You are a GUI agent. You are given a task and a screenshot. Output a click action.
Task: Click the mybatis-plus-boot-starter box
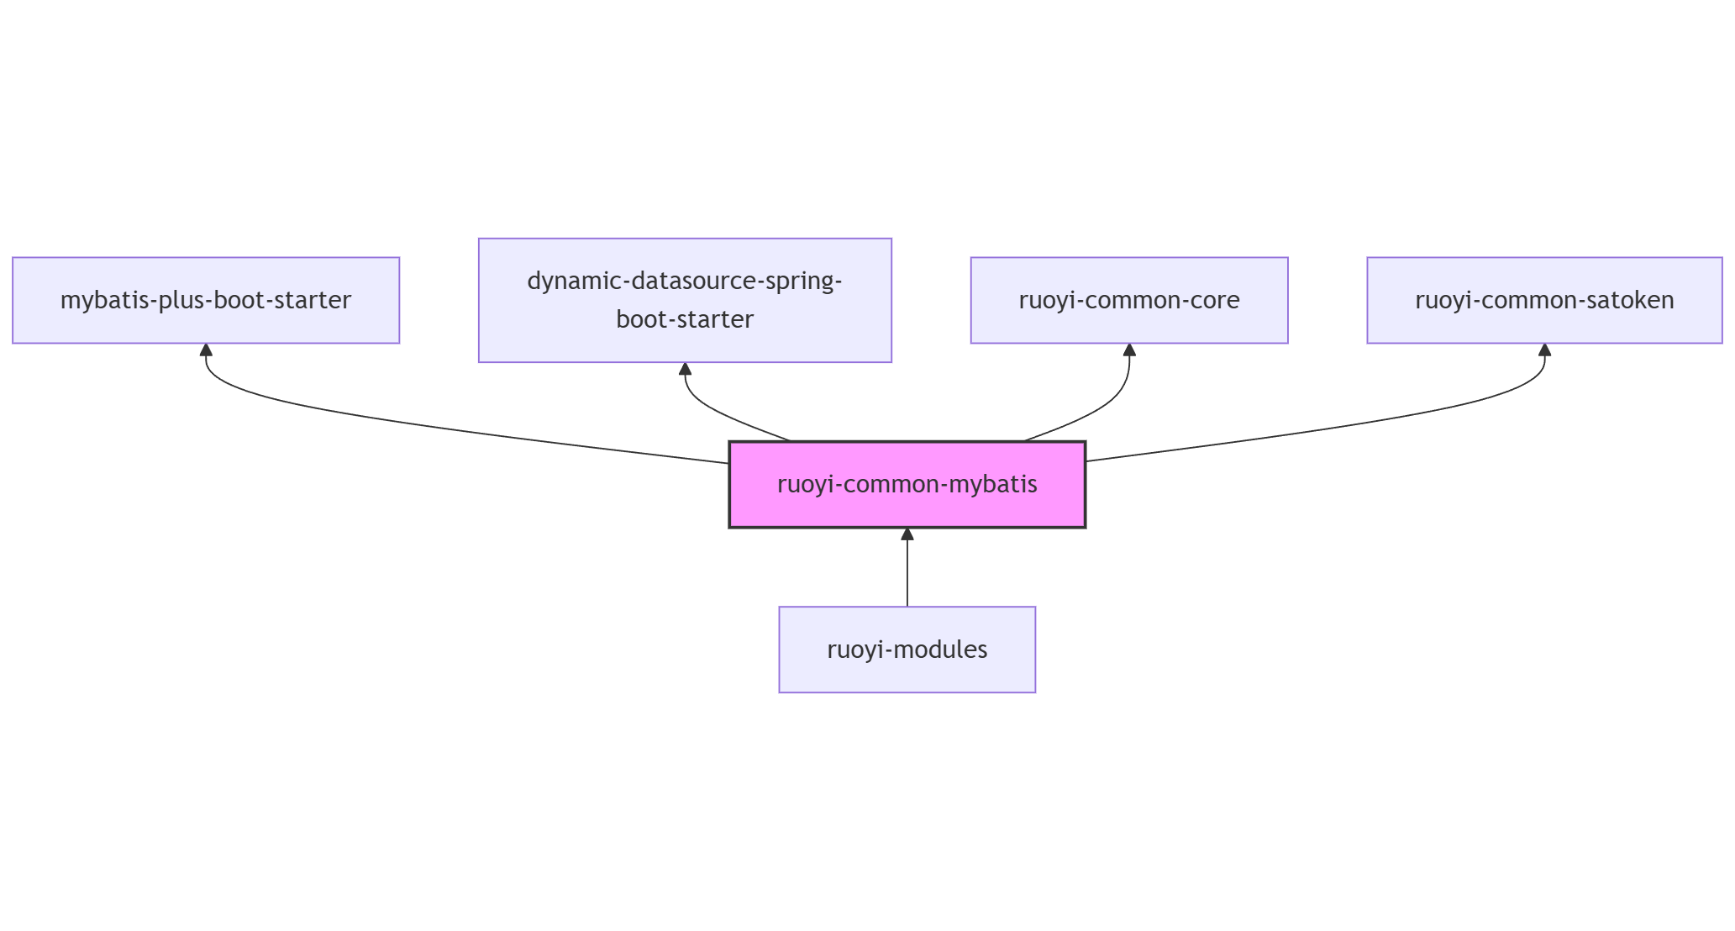[x=206, y=300]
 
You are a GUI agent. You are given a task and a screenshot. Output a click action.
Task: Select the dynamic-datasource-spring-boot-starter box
[x=685, y=300]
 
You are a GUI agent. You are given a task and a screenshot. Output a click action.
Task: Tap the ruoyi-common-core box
[x=1128, y=300]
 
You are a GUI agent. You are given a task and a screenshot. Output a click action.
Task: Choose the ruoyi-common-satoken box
[x=1544, y=300]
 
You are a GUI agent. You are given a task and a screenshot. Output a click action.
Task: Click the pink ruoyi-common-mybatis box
[x=907, y=485]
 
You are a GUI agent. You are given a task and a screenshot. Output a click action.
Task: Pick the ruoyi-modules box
[x=907, y=650]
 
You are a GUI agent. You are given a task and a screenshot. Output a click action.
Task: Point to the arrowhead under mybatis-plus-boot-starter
[x=206, y=350]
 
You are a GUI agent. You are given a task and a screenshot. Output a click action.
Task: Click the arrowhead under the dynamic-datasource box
[x=685, y=369]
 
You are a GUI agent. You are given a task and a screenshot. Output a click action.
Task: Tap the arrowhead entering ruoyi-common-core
[x=1129, y=350]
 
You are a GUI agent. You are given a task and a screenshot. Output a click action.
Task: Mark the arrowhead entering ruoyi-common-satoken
[x=1544, y=350]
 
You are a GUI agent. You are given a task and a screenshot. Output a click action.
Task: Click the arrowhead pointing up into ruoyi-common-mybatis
[x=907, y=534]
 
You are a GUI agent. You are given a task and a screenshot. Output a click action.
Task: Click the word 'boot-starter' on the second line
[x=685, y=319]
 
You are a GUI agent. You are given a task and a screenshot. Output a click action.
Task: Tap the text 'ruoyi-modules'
[x=907, y=650]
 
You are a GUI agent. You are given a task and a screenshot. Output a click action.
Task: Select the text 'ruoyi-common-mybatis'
[x=907, y=485]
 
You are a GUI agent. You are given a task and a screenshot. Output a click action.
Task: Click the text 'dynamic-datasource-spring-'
[x=685, y=281]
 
